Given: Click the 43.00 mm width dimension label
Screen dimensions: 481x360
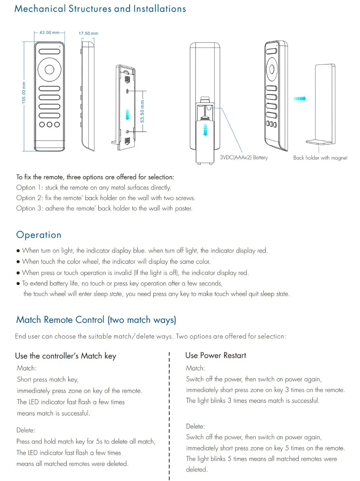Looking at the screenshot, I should click(x=49, y=32).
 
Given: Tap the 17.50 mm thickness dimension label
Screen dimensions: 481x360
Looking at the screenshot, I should click(x=88, y=34).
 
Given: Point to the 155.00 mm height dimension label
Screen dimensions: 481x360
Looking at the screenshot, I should click(x=24, y=93).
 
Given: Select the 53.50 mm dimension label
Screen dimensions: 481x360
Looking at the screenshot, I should click(x=143, y=111).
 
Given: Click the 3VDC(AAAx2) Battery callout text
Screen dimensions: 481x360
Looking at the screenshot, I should click(x=244, y=157).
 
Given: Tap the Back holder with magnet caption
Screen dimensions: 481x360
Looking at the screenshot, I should click(x=320, y=158).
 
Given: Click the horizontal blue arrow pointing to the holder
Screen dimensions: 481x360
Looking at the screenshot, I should click(x=300, y=98).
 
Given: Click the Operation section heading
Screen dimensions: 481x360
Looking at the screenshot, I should click(x=39, y=235).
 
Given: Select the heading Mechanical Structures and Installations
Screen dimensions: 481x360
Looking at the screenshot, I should click(x=100, y=9).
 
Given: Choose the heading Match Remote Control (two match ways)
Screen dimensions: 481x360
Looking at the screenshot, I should click(x=96, y=320).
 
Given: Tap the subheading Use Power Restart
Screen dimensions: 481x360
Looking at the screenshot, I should click(x=216, y=355).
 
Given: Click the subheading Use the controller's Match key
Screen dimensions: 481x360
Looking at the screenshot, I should click(x=66, y=356).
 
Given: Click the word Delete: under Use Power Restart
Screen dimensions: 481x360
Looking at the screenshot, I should click(x=195, y=426).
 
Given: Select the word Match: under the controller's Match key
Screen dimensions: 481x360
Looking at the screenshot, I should click(x=27, y=368).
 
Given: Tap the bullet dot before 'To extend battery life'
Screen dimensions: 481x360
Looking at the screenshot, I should click(x=18, y=284).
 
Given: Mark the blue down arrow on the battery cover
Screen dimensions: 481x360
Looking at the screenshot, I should click(x=205, y=130).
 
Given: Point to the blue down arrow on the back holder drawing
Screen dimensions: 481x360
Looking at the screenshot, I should click(x=127, y=114).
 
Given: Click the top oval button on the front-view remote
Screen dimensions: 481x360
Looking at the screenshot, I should click(x=49, y=52).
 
